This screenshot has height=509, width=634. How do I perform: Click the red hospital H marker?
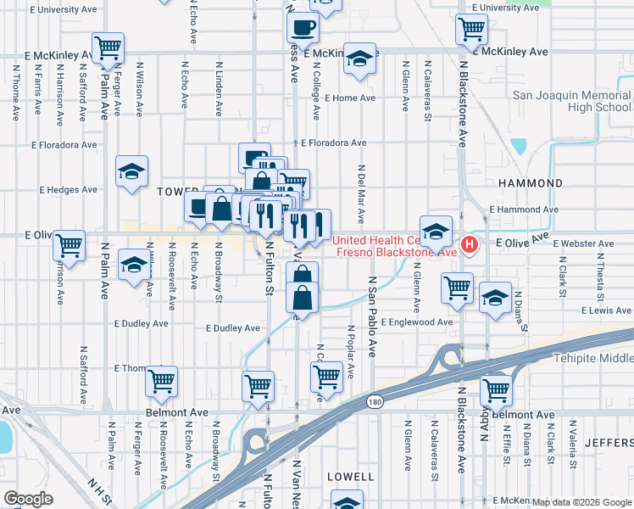pyautogui.click(x=470, y=246)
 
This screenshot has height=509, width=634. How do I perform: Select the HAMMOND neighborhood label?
pyautogui.click(x=532, y=183)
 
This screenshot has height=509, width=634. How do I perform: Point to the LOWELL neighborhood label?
pyautogui.click(x=350, y=477)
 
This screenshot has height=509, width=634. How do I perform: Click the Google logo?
pyautogui.click(x=28, y=499)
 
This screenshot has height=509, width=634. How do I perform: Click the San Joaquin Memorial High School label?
pyautogui.click(x=571, y=102)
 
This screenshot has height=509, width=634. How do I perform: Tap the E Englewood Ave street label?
pyautogui.click(x=417, y=322)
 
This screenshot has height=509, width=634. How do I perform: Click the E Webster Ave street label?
pyautogui.click(x=583, y=244)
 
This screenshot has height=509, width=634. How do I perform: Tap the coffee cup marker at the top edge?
pyautogui.click(x=306, y=25)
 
